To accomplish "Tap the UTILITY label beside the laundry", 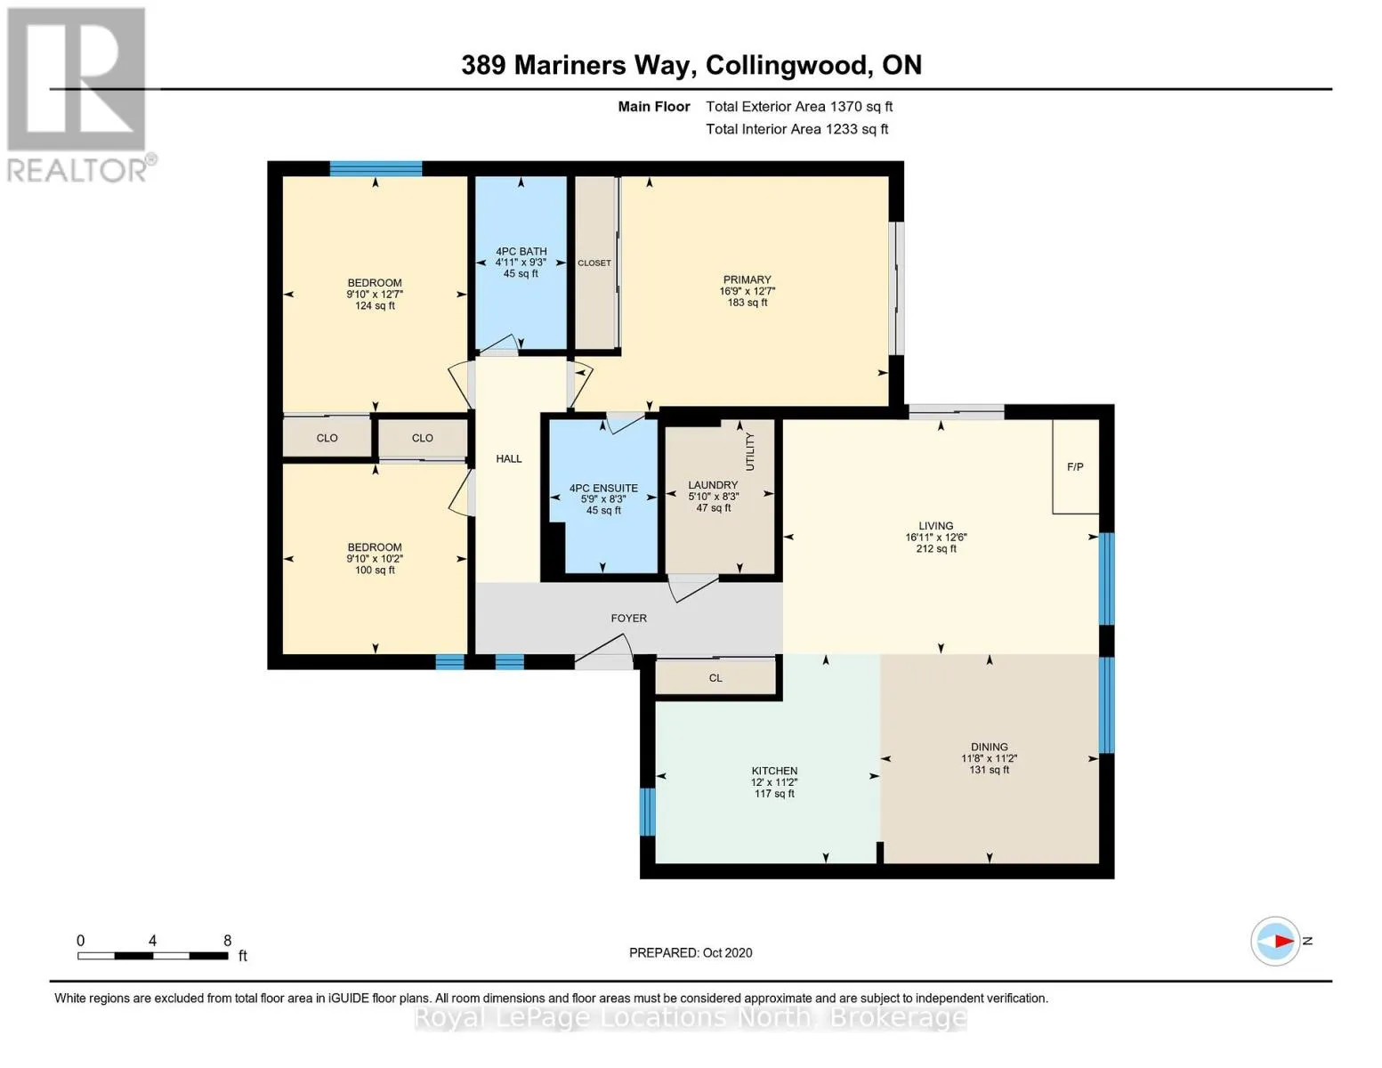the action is [749, 451].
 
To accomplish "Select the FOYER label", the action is [628, 619].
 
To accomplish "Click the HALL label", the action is [509, 458].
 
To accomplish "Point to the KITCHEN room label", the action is [774, 771].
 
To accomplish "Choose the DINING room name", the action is [989, 747].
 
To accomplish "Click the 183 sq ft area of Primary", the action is [748, 303].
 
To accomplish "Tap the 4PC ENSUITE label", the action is [603, 488].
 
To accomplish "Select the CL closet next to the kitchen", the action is [715, 678].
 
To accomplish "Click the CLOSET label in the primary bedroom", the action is [594, 263].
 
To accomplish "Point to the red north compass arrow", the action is [1284, 941].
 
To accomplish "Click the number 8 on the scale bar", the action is [227, 940].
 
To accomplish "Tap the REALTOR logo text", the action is [77, 171].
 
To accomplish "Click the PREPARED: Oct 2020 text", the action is [691, 952].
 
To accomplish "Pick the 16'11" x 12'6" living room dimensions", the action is [935, 537].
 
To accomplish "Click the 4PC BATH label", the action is [521, 251].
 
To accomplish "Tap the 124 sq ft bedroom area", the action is [375, 306].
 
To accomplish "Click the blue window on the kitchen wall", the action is [647, 812].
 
